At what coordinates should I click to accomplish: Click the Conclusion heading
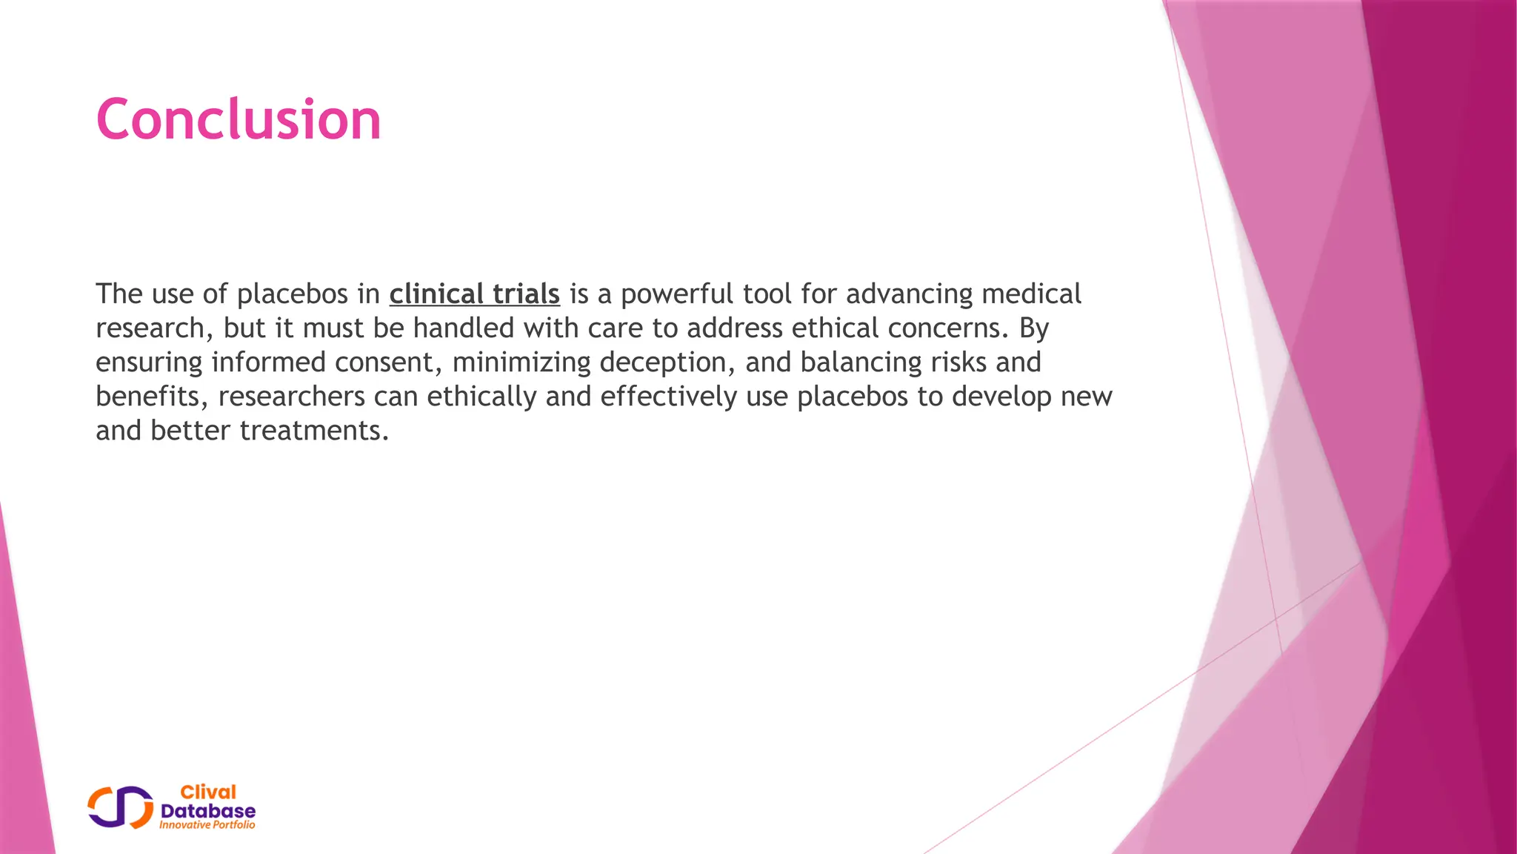click(x=238, y=119)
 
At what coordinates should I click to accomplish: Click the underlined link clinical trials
click(x=474, y=294)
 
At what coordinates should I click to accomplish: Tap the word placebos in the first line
click(x=293, y=294)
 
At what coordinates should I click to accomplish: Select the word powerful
click(x=677, y=294)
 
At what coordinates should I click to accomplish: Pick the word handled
click(x=463, y=328)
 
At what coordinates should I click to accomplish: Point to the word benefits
click(x=152, y=397)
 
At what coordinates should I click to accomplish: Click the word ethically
click(x=481, y=397)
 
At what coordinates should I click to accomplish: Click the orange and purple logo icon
click(x=121, y=807)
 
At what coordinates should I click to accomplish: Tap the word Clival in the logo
click(x=208, y=792)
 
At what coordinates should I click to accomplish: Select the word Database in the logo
click(x=208, y=811)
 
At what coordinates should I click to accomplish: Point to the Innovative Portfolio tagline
click(x=207, y=825)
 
